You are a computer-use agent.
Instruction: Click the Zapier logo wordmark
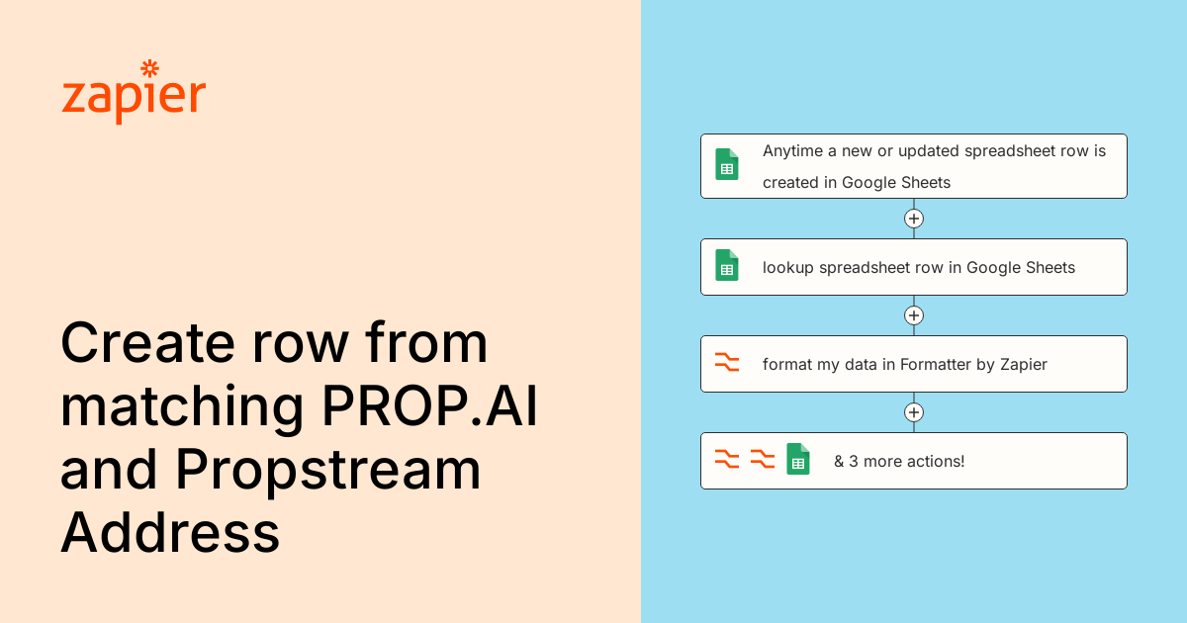134,93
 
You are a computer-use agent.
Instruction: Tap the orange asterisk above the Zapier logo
150,68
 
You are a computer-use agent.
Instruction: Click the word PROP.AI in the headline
429,406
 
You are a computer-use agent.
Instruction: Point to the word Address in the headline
170,532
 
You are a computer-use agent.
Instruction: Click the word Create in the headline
147,343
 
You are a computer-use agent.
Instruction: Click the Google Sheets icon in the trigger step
726,164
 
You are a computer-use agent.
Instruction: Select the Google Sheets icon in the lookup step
726,265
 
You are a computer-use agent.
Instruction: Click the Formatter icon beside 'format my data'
726,362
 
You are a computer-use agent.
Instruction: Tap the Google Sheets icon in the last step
798,459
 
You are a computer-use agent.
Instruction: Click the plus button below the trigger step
914,219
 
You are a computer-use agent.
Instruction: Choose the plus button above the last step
914,412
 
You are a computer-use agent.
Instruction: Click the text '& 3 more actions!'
899,462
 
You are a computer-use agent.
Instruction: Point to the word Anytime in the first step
792,152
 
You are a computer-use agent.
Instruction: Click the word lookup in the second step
788,268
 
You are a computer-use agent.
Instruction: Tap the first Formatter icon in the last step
726,459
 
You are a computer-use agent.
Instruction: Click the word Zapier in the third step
1024,365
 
